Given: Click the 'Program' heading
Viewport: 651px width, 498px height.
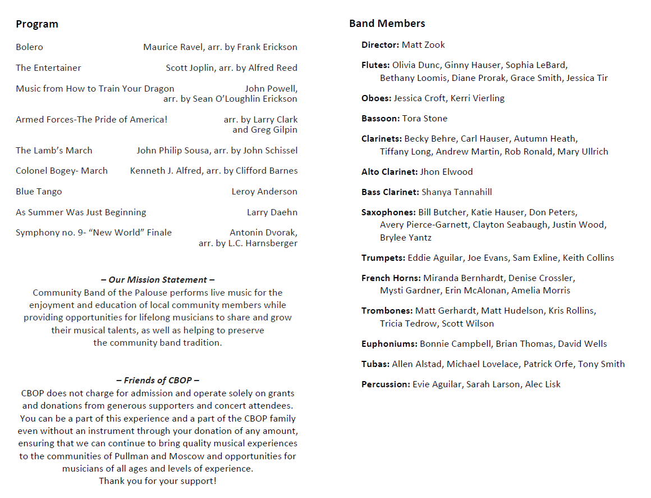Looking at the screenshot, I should coord(37,24).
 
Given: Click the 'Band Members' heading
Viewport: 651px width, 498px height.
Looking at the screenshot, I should coord(387,24).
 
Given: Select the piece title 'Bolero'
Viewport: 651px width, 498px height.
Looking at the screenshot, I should coord(29,47).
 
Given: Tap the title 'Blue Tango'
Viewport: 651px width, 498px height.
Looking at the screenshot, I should coord(39,192).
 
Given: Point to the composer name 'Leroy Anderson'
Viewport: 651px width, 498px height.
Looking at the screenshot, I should coord(264,192).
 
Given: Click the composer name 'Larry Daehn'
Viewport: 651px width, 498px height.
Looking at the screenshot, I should coord(272,212).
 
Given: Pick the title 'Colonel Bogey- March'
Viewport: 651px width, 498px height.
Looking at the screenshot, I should coord(62,171).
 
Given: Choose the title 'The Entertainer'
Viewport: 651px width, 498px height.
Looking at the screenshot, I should coord(48,68).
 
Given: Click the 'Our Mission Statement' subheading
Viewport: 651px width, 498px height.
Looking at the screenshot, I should coord(158,280).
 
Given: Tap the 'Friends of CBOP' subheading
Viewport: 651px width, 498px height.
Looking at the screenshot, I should coord(158,381).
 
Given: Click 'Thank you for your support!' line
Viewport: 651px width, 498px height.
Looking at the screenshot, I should coord(158,481).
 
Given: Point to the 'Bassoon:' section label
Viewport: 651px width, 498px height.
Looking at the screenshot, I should coord(380,119).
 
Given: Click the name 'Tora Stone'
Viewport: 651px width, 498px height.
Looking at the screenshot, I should coord(425,119).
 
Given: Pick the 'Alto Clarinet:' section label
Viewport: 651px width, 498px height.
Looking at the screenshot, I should coord(389,172).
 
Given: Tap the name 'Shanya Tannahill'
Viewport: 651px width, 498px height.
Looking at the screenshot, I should coord(457,192).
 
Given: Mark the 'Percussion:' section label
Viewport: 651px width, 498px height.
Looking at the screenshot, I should coord(386,384).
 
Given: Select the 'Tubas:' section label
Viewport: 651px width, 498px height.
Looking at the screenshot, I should coord(375,364).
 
